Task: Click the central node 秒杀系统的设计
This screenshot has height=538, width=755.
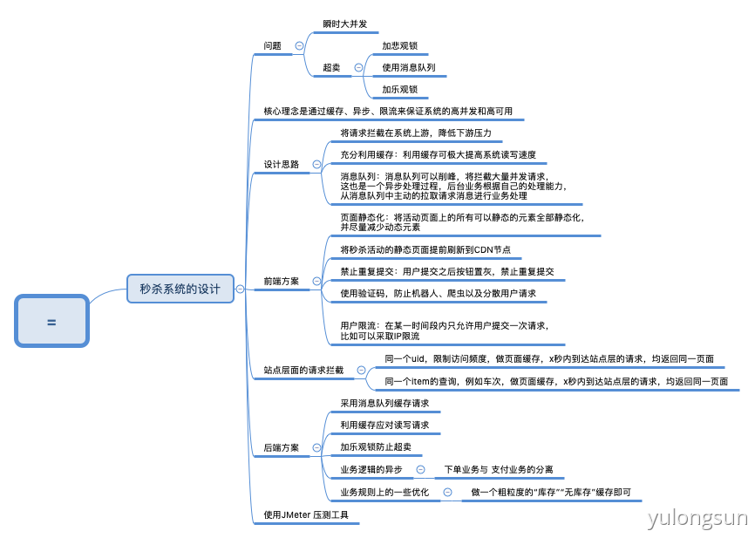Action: point(180,289)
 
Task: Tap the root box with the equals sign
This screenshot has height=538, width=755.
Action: point(51,322)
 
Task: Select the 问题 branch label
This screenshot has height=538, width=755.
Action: point(273,45)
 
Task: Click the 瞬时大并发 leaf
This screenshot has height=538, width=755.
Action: point(344,24)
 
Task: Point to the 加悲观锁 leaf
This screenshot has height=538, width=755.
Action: point(399,45)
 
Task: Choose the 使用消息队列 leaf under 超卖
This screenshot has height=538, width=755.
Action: point(408,67)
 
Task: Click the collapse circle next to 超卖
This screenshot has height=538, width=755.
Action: point(358,67)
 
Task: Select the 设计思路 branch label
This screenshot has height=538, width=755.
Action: point(282,164)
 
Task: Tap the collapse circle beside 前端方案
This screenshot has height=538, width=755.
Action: point(316,281)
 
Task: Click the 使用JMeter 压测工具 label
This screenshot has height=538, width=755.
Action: point(306,515)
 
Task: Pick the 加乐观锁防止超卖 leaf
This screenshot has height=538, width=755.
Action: point(376,447)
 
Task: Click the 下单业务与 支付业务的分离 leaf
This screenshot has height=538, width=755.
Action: point(498,470)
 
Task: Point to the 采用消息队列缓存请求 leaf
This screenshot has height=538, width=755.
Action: point(384,404)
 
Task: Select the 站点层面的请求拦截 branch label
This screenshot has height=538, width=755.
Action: point(303,370)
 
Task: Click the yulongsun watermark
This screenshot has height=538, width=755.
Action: point(697,520)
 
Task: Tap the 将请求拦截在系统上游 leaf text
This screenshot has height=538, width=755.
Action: point(415,133)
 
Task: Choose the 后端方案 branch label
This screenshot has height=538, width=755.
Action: point(282,448)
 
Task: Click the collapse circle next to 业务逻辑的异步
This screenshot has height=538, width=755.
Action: point(420,470)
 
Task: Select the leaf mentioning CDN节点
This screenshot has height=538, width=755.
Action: point(425,250)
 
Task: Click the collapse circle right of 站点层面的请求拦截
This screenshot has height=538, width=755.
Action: point(361,370)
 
